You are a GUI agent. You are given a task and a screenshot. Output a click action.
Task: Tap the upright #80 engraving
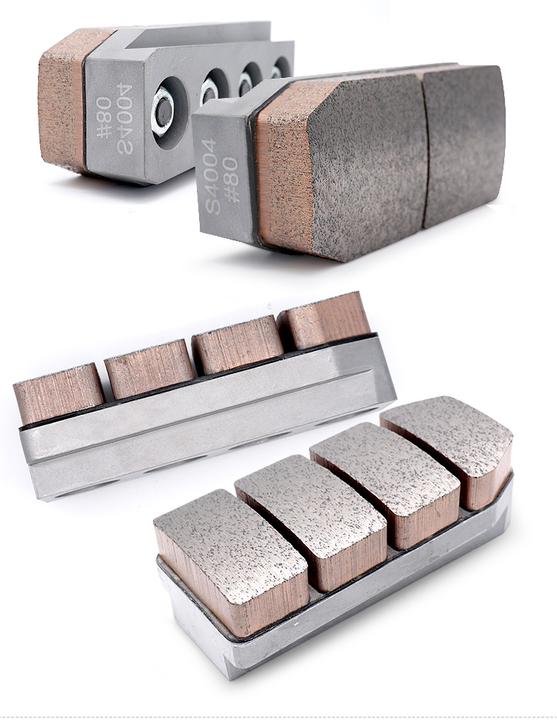[230, 180]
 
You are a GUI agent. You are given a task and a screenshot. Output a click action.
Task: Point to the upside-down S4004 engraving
[124, 118]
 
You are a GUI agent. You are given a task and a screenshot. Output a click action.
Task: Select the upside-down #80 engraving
[104, 116]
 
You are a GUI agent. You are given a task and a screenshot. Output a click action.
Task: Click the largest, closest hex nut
[163, 111]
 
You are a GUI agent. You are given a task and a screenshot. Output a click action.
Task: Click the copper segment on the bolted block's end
[62, 99]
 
